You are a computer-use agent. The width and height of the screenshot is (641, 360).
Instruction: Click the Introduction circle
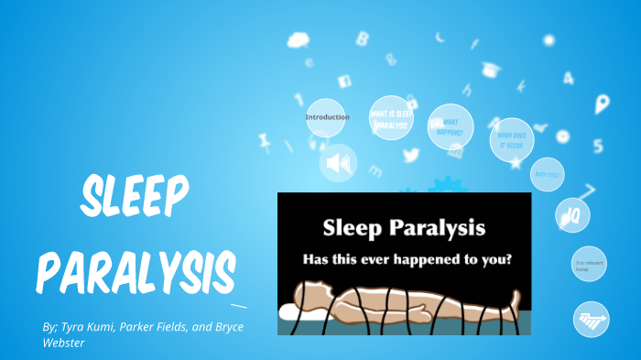coord(327,118)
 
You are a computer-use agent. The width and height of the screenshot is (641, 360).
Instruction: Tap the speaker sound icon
coord(338,163)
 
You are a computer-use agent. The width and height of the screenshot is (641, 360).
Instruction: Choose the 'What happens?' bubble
coord(451,126)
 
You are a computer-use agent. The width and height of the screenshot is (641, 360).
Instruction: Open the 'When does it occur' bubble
coord(511,140)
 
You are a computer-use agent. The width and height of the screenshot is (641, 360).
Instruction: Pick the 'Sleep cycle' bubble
coord(547,174)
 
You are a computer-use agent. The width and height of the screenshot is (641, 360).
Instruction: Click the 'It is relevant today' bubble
coord(589,265)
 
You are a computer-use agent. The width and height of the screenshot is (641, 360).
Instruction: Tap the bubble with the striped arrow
coord(591,319)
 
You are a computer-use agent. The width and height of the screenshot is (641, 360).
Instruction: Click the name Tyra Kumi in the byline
coord(92,327)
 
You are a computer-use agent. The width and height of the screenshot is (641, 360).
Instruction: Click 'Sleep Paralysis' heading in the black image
coord(404,225)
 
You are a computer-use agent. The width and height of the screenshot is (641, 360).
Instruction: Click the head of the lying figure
coord(310,292)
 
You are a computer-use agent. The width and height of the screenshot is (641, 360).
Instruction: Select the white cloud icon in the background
coord(299,40)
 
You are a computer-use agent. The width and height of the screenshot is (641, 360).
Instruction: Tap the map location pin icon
coord(602,104)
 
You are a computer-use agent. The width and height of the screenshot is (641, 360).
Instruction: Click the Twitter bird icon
coord(410,154)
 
